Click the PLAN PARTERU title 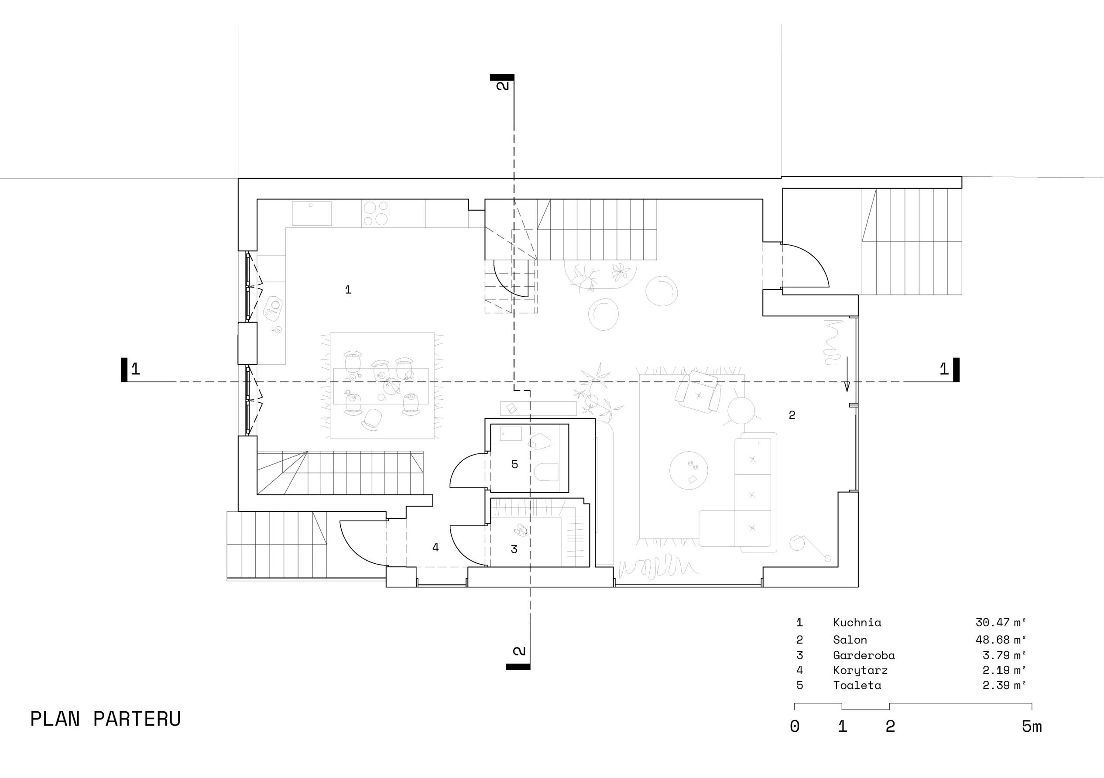(105, 720)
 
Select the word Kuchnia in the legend (857, 622)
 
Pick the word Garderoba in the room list (864, 655)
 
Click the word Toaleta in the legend (857, 685)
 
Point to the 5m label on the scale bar (1032, 727)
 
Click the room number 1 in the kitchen (348, 289)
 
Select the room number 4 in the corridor (435, 547)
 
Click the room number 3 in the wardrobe (514, 549)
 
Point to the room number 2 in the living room (792, 415)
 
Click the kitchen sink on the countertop (312, 213)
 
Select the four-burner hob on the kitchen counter (376, 213)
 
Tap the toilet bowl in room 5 (546, 472)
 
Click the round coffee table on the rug (689, 470)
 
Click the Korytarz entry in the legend (860, 670)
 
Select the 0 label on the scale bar (794, 727)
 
